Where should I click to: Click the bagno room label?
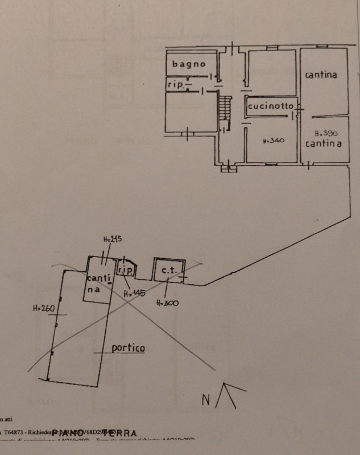coord(189,64)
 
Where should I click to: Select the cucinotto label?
coord(271,106)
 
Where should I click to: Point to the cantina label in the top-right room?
coord(320,75)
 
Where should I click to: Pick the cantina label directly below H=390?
coord(324,143)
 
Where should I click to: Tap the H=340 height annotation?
coord(274,140)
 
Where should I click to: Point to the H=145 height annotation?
coord(134,293)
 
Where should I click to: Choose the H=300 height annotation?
coord(167,303)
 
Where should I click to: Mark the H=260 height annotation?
coord(43,309)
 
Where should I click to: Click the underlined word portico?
coord(128,348)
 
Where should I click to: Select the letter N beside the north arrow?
coord(206,399)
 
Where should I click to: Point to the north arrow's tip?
coord(227,384)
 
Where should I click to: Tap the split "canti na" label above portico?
coord(94,283)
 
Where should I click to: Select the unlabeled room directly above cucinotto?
coord(272,72)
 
